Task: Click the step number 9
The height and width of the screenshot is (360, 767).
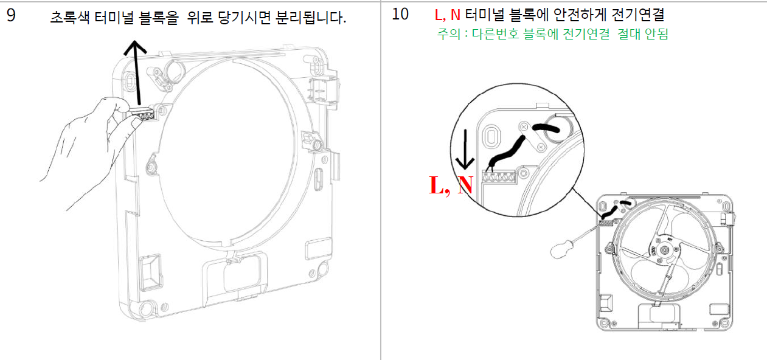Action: point(11,15)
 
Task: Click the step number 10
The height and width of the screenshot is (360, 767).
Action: point(400,15)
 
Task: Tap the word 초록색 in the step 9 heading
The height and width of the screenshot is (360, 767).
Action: point(70,17)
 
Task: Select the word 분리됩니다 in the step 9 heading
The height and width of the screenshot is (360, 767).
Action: point(311,17)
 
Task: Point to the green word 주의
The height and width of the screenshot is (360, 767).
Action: point(448,34)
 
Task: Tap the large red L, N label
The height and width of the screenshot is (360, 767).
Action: point(451,185)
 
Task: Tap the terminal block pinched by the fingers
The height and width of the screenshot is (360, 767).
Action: point(143,114)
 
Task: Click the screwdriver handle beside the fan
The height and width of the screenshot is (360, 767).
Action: point(562,249)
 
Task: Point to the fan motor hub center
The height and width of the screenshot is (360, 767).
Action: point(664,249)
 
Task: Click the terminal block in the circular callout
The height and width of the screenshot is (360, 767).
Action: point(499,177)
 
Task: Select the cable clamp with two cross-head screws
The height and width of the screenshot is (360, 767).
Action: point(532,137)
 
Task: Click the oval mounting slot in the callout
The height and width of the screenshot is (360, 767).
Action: point(491,136)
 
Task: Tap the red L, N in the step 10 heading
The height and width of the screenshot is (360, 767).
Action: point(447,15)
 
